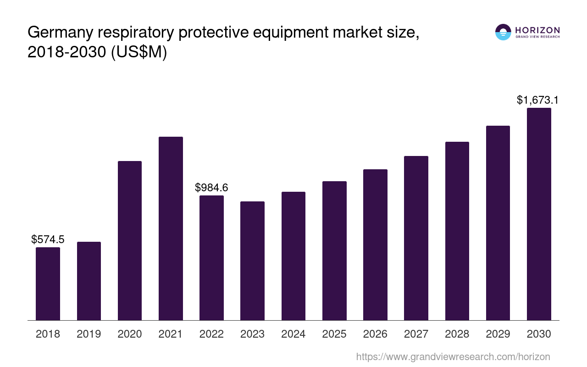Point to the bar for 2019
89,281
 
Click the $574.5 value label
48,239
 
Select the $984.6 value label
211,187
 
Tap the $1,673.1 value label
537,100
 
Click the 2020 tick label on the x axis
130,334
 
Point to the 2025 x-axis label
334,334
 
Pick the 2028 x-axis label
457,334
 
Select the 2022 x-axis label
211,334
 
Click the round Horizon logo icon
503,32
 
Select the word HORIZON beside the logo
537,30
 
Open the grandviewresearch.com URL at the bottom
453,356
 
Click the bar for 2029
498,223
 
